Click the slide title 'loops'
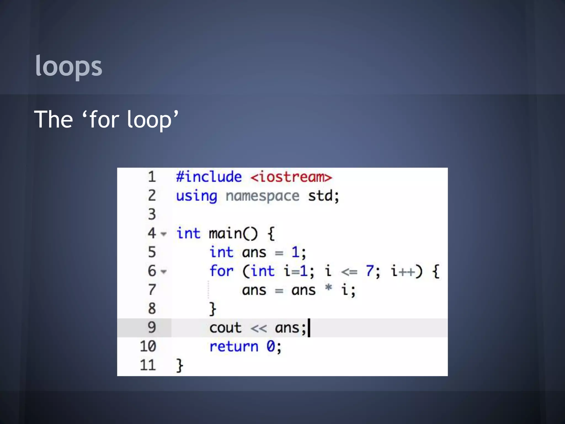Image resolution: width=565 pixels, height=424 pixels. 69,66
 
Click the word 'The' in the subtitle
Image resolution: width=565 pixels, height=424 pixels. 54,119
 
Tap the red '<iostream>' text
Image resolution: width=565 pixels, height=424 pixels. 291,177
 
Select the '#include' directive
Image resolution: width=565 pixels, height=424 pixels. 209,177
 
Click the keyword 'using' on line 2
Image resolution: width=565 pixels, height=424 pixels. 196,196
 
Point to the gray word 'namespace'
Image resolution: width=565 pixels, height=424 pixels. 262,196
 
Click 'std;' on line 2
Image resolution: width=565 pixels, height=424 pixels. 323,196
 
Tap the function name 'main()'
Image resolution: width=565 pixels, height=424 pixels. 233,234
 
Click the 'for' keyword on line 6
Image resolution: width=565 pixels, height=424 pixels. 221,271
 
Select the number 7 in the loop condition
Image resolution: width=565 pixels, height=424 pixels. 370,271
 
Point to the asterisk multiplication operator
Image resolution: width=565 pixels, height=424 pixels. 328,288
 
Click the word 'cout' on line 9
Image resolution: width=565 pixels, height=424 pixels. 225,328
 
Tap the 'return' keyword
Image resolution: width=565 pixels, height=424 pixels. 234,347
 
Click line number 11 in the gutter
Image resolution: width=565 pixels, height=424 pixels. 148,365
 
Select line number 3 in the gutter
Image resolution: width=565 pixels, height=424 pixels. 152,214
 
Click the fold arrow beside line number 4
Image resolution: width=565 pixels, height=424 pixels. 164,234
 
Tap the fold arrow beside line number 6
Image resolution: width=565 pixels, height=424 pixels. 164,272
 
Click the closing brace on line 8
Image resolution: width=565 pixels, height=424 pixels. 212,309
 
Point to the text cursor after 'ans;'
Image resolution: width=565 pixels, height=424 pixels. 309,328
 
